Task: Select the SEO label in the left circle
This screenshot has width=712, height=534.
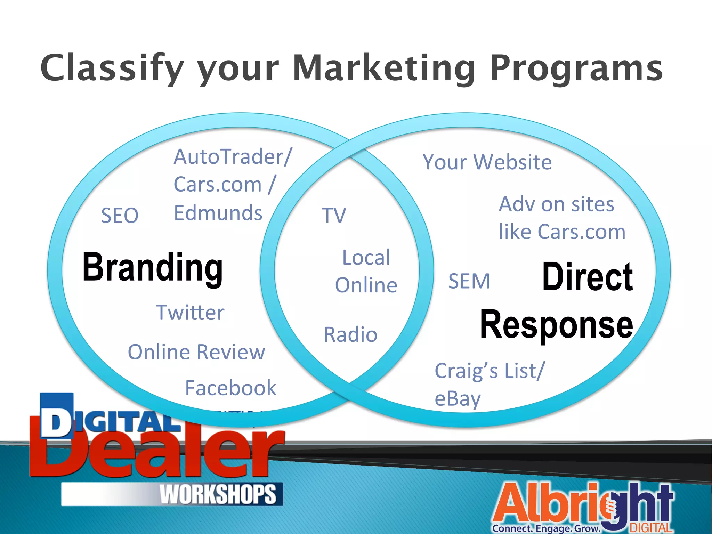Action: click(120, 215)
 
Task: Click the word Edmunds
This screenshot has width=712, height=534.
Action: click(218, 213)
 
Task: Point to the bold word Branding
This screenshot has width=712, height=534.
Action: click(152, 268)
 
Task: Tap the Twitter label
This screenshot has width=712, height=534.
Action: click(190, 312)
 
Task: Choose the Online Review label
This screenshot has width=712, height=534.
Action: click(196, 352)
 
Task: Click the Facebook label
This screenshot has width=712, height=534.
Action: click(230, 388)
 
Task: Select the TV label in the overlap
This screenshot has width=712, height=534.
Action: click(334, 215)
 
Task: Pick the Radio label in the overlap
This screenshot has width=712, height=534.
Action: click(350, 334)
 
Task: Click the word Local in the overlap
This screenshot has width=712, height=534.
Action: click(366, 258)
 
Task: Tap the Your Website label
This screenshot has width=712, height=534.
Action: click(487, 162)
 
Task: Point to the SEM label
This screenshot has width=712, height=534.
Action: click(469, 281)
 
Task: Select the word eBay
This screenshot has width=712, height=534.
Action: click(458, 398)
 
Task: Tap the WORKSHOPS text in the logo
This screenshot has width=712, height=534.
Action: click(218, 494)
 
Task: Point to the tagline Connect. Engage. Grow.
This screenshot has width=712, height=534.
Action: click(546, 528)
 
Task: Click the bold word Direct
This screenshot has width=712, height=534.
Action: click(588, 277)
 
